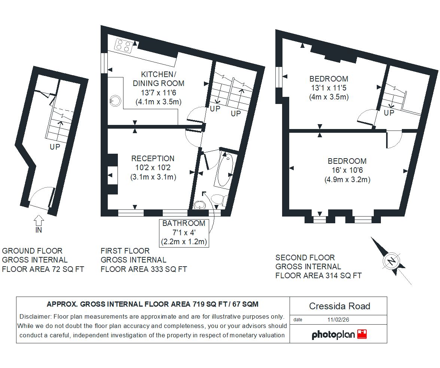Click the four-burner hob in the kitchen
(x=123, y=46)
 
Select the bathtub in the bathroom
(x=224, y=170)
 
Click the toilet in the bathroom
(x=219, y=199)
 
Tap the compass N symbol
(x=391, y=261)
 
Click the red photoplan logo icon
(x=362, y=334)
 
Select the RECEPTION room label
(x=153, y=159)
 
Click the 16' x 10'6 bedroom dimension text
(x=347, y=171)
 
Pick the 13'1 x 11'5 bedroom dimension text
(x=329, y=88)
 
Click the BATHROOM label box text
(x=184, y=223)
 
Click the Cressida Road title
(x=339, y=306)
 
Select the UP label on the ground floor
(x=55, y=147)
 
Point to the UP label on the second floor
(x=389, y=113)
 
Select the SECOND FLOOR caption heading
(x=305, y=258)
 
